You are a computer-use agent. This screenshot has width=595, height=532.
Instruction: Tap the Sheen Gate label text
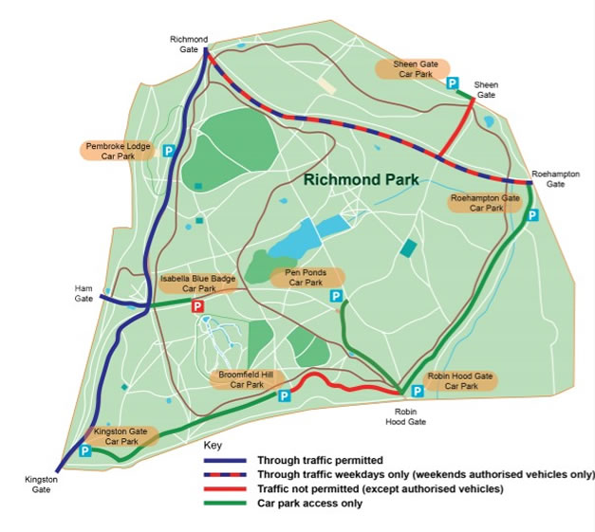pos(486,90)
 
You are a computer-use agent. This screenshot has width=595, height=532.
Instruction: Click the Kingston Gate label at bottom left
pos(42,484)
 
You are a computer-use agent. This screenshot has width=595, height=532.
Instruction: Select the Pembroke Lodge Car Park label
pos(115,152)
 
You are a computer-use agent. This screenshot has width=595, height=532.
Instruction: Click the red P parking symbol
pos(197,306)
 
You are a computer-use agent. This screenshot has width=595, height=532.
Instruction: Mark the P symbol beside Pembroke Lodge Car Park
pos(169,151)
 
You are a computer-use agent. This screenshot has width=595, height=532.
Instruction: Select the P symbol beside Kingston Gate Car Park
pos(84,452)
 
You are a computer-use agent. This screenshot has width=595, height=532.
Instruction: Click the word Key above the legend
pos(213,445)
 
